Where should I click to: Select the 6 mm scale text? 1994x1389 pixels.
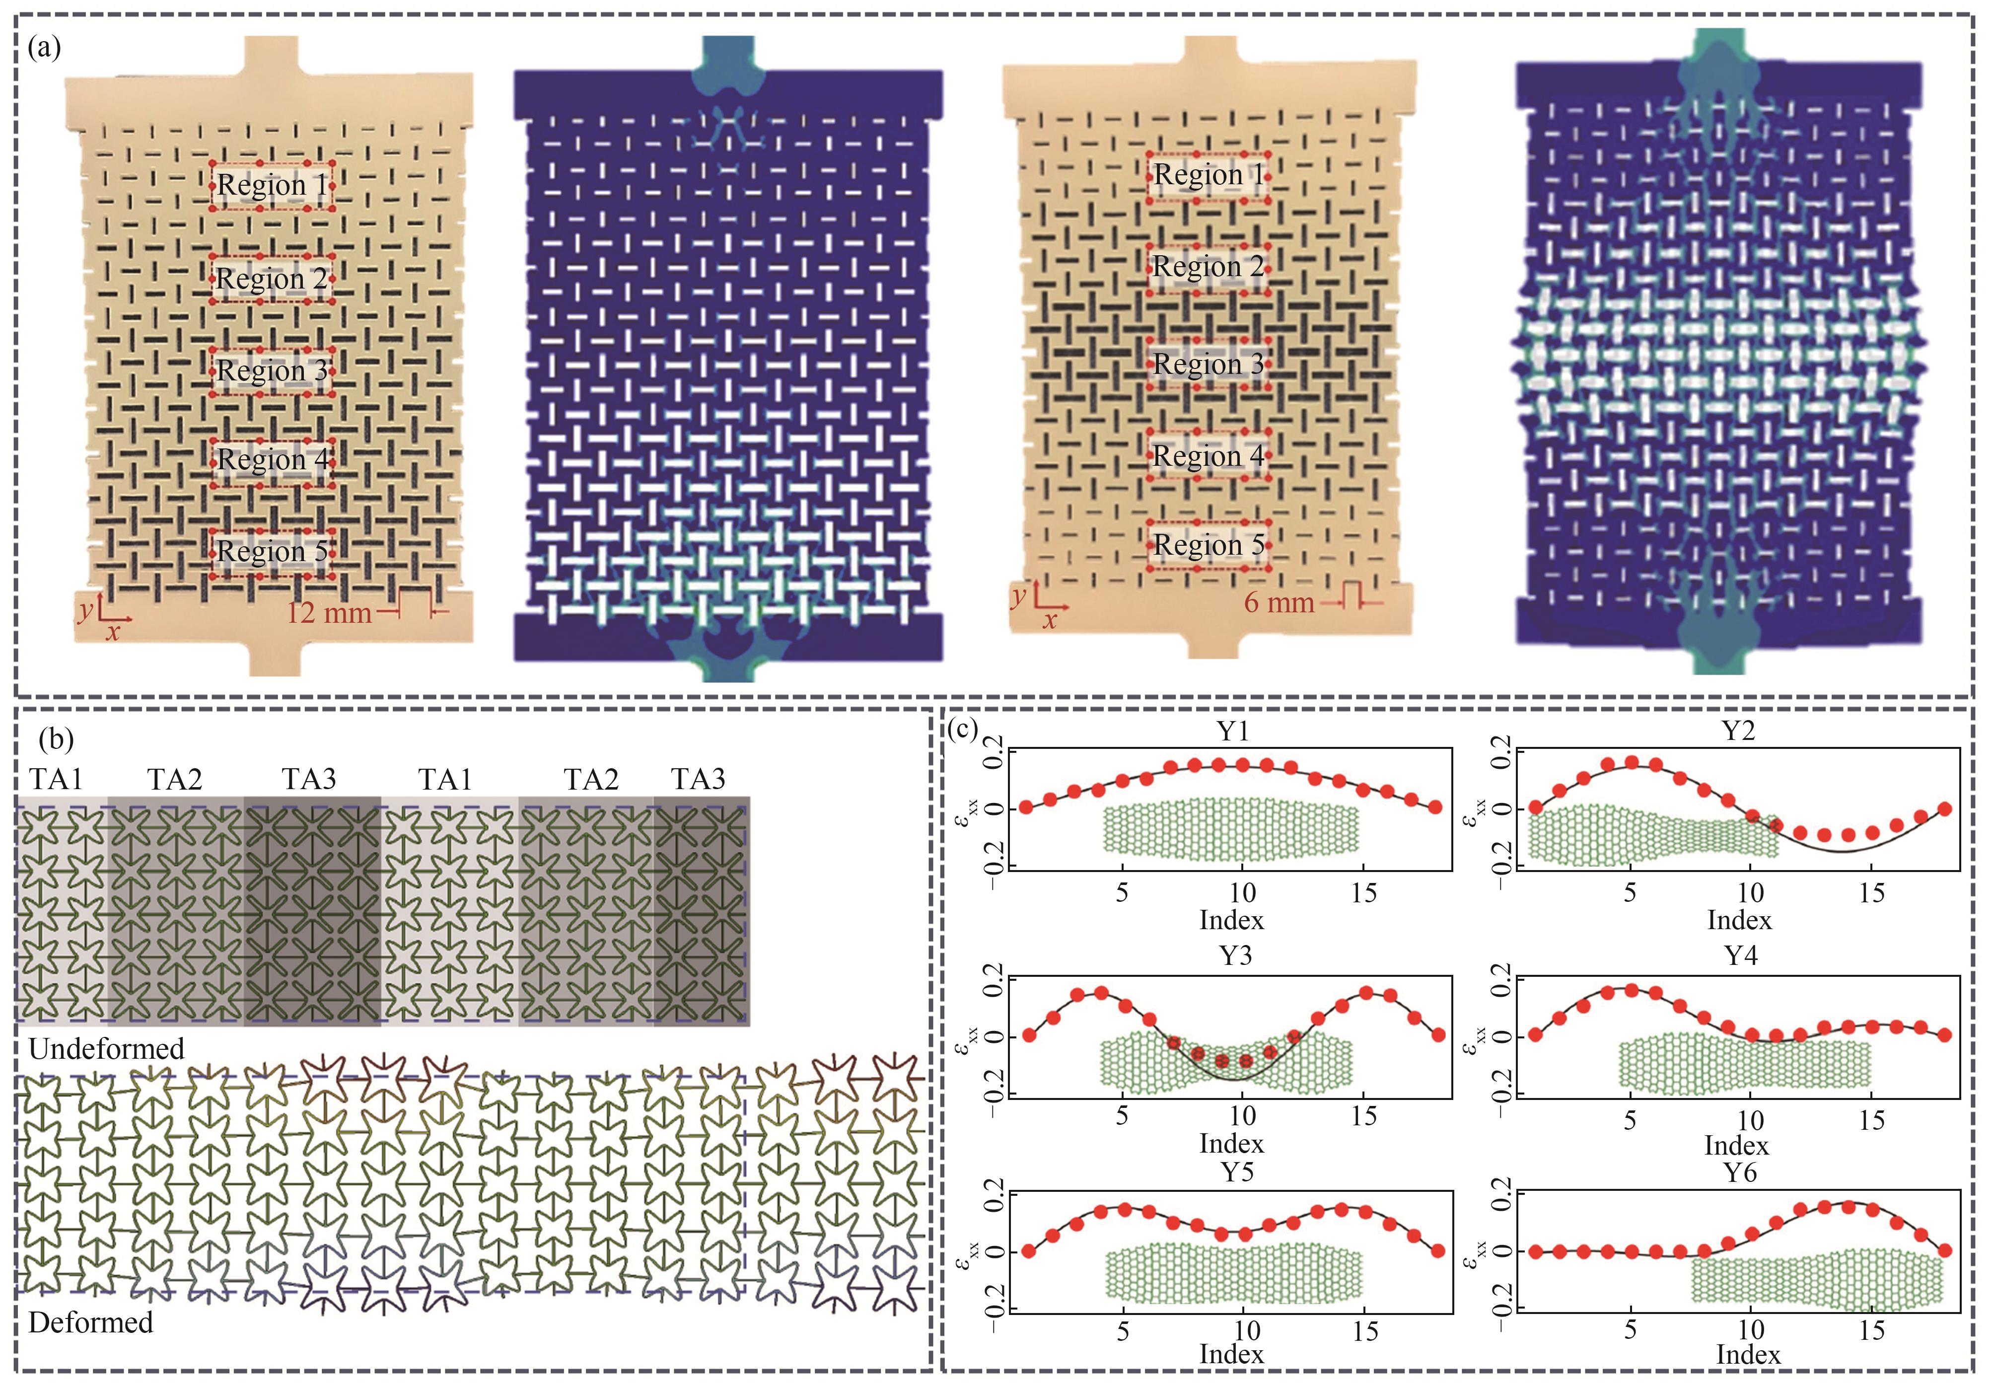tap(1279, 601)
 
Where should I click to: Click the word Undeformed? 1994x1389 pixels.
tap(106, 1048)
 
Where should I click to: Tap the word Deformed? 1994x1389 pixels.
tap(90, 1322)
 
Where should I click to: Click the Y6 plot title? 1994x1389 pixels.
tap(1740, 1172)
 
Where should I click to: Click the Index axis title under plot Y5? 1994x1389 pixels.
tap(1231, 1353)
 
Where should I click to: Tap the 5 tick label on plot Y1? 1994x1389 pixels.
tap(1122, 893)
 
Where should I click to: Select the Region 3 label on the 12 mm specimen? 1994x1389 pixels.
tap(272, 371)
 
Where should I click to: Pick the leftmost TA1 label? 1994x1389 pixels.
tap(57, 779)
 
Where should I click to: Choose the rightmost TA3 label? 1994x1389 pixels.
tap(698, 779)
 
